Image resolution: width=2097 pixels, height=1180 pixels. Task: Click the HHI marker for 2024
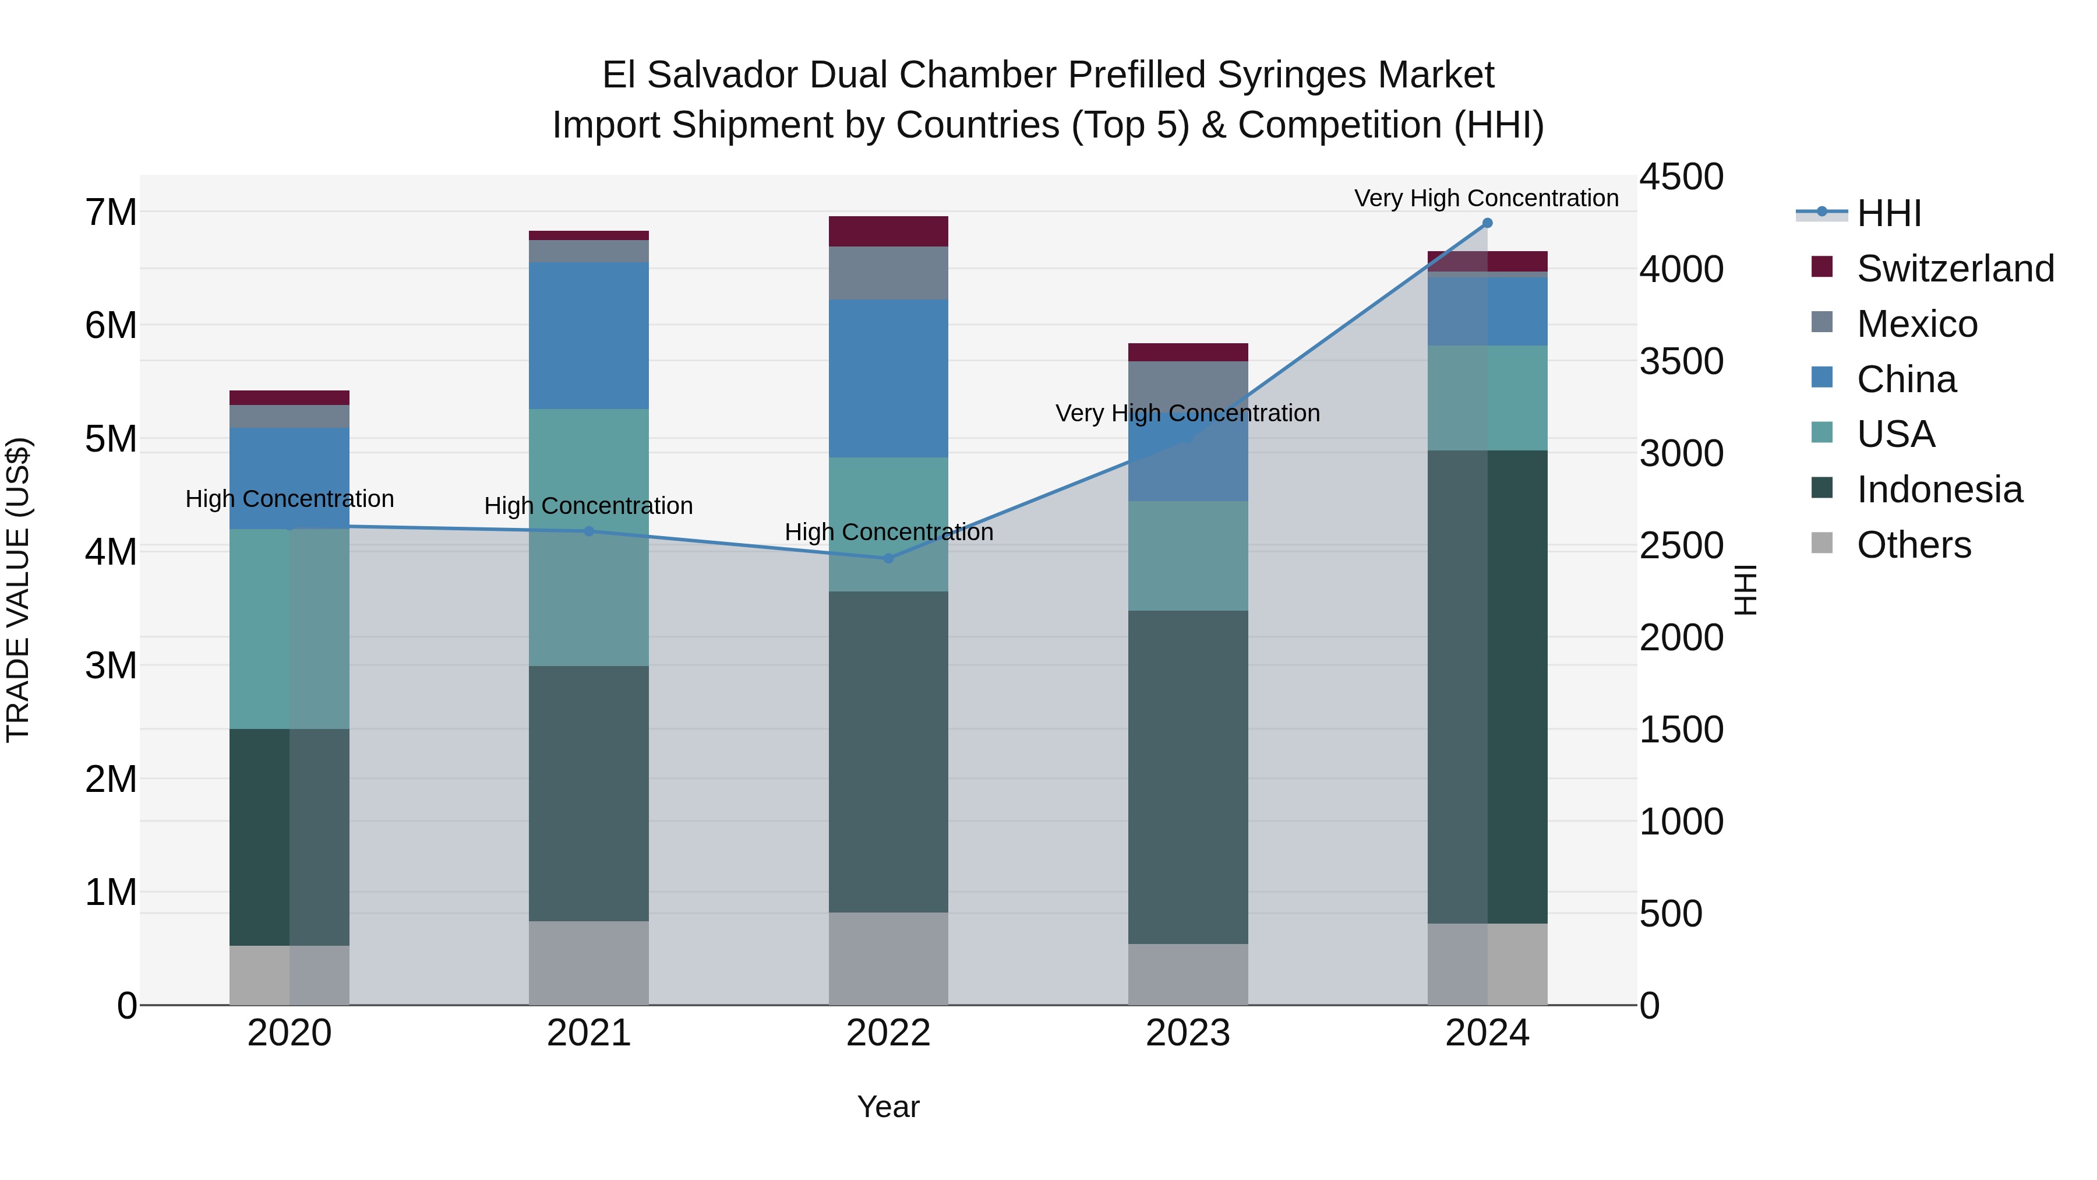coord(1487,223)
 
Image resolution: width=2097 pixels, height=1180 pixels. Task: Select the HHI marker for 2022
coord(888,559)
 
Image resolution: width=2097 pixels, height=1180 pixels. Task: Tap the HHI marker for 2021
coord(588,531)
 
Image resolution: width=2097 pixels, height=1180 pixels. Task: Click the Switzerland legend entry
coord(1954,269)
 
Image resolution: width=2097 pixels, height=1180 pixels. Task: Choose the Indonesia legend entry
coord(1939,489)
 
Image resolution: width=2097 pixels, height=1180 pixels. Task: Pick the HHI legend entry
coord(1888,213)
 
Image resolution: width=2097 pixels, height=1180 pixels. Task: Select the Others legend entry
coord(1913,545)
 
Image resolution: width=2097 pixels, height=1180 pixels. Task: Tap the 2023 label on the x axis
coord(1187,1033)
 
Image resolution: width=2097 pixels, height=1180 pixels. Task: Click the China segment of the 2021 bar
coord(588,336)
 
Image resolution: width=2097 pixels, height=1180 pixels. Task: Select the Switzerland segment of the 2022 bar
coord(888,231)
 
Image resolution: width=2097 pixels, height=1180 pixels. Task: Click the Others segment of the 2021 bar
coord(588,963)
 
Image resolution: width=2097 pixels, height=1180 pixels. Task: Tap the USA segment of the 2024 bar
coord(1487,398)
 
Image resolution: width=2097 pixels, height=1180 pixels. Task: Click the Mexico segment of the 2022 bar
coord(888,273)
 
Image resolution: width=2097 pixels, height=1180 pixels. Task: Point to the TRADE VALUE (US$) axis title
coord(18,590)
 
